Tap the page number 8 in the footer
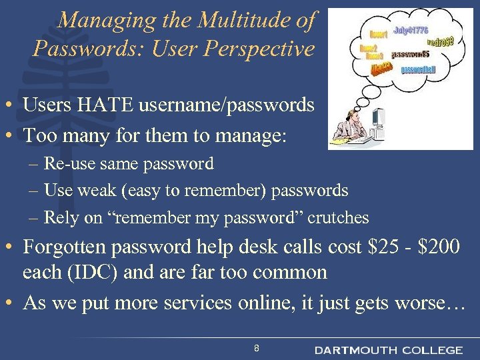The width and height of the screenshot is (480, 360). (257, 348)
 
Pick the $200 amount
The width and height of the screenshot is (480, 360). (437, 247)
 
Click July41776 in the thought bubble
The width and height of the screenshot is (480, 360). (411, 30)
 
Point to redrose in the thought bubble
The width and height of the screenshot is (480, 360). (440, 42)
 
